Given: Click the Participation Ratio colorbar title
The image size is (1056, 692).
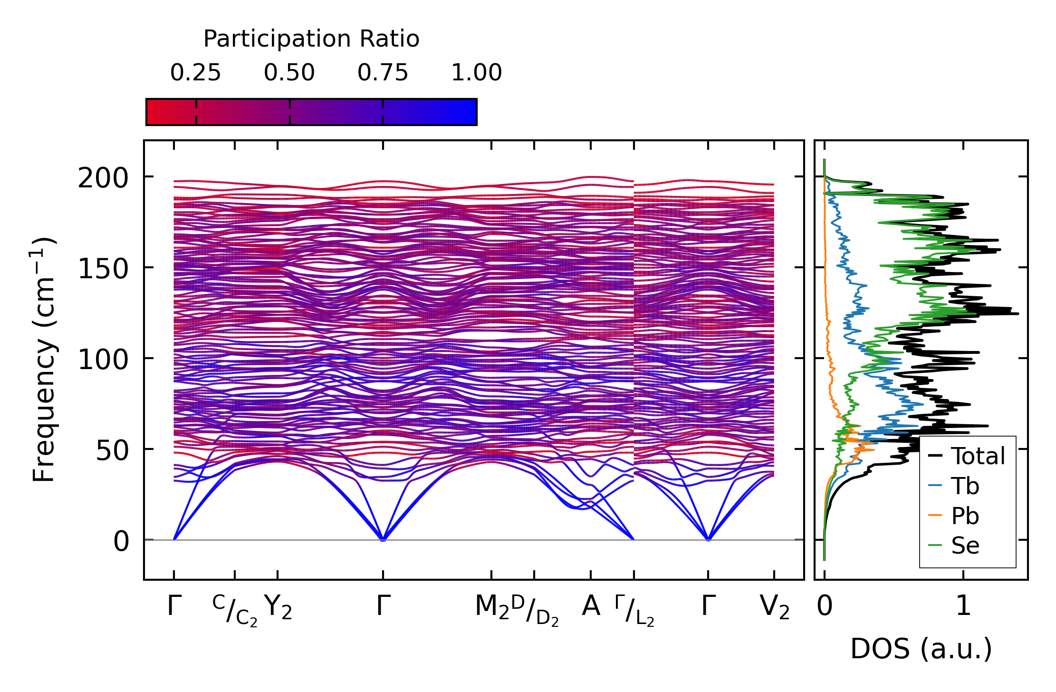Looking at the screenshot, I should (x=311, y=39).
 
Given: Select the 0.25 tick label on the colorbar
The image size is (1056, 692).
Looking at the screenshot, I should (x=195, y=73).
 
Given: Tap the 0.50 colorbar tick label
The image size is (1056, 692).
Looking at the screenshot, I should (x=289, y=73).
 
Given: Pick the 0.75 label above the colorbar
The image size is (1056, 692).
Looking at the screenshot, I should (x=383, y=73).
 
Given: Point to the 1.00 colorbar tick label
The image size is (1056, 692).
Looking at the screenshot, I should (x=476, y=73).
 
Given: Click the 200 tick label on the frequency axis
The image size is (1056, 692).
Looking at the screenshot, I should (x=103, y=179).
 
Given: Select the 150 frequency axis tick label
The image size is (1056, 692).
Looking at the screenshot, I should (x=103, y=270).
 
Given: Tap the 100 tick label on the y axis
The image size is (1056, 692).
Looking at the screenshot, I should (x=103, y=360).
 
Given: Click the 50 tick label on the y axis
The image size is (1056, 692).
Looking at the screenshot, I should (x=112, y=451).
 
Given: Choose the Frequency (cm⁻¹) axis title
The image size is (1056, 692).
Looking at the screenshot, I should (x=44, y=360).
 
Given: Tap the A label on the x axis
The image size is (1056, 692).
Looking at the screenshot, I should (x=591, y=606).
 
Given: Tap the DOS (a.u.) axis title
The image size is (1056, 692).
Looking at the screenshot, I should (x=921, y=649).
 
